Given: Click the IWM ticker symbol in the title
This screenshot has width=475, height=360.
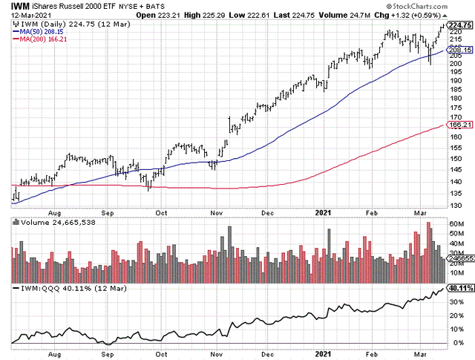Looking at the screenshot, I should tap(20, 7).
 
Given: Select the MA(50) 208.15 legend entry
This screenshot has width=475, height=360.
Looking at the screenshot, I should tap(38, 32).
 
